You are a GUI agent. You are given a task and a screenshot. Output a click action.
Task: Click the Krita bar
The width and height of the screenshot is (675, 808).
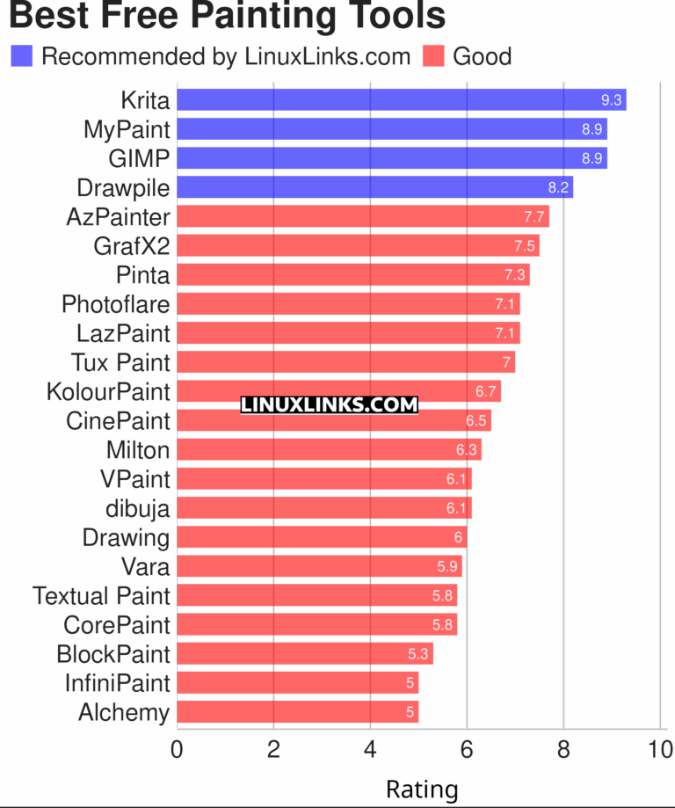401,100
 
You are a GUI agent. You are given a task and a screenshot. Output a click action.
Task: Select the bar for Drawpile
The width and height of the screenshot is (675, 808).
374,187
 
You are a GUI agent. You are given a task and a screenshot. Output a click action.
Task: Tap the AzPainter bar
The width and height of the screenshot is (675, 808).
362,216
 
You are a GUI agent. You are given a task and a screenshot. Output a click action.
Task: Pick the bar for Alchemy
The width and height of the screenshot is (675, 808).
297,711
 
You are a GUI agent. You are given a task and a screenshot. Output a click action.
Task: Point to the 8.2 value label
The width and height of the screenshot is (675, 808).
559,187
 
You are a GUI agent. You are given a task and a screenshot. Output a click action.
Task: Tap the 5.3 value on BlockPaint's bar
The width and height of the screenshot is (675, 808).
418,653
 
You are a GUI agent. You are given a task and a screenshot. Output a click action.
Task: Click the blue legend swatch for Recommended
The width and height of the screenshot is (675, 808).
22,56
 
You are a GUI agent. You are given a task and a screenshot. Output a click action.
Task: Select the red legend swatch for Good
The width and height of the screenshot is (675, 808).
433,56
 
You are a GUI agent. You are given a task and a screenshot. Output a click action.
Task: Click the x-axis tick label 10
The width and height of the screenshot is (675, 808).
659,750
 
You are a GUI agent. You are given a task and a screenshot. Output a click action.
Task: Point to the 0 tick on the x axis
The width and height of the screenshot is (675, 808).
178,750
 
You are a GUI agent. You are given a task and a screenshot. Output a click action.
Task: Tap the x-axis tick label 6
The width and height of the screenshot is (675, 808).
467,750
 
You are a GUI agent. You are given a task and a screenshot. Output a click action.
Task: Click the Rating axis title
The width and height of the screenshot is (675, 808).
422,789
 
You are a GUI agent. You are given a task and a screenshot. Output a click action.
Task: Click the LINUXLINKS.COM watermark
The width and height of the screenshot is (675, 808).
329,404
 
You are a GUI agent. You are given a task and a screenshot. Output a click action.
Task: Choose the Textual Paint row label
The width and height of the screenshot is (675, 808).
101,595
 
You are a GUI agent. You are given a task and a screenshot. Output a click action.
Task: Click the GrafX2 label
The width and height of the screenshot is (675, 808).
131,245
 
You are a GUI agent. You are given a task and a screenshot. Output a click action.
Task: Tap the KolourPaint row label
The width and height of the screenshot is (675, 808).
108,391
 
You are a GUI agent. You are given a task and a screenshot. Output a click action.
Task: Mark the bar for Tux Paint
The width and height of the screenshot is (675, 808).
345,362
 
